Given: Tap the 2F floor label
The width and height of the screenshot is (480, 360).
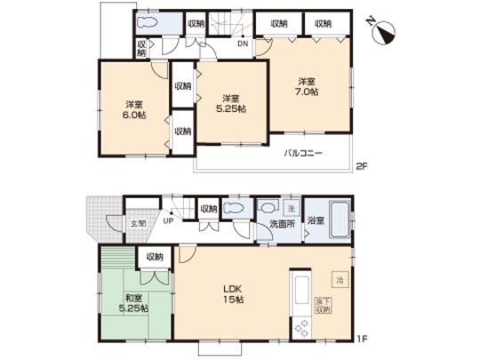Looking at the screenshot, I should pos(363,165).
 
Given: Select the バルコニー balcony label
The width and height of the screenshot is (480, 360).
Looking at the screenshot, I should pos(303,153).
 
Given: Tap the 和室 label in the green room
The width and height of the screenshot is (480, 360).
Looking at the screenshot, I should pos(134,297).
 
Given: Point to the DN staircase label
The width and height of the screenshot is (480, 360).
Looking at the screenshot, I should pos(242,43).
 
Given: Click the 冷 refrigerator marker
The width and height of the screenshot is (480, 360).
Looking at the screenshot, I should pos(339,279).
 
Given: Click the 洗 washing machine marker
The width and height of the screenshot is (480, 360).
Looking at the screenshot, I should pos(290,208).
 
